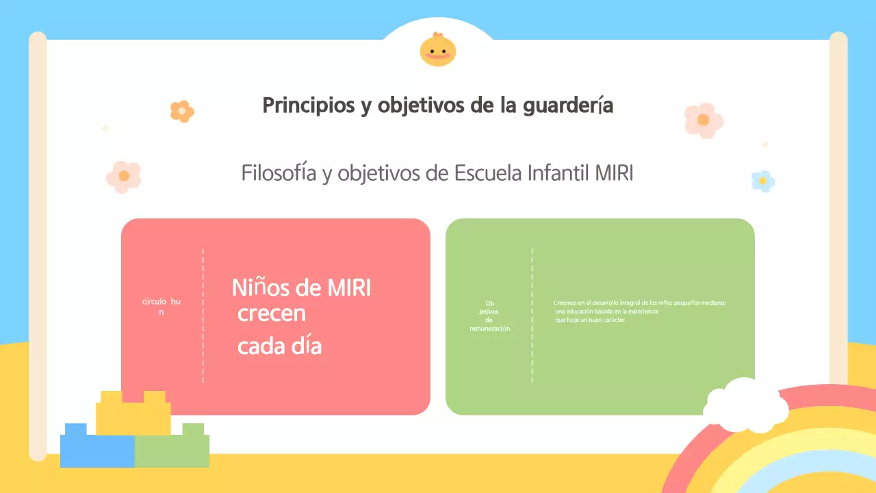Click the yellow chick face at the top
(x=438, y=50)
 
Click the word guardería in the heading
(x=567, y=107)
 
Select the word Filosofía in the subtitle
(x=279, y=173)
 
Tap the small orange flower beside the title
(x=182, y=111)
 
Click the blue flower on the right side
(x=762, y=181)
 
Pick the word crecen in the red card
(x=272, y=314)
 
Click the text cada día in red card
(x=279, y=346)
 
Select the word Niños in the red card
(x=261, y=288)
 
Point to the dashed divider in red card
(x=203, y=316)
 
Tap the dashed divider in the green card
(x=532, y=316)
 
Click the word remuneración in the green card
(x=489, y=329)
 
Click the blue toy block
(x=96, y=448)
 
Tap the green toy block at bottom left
(x=172, y=448)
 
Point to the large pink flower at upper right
(x=704, y=120)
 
